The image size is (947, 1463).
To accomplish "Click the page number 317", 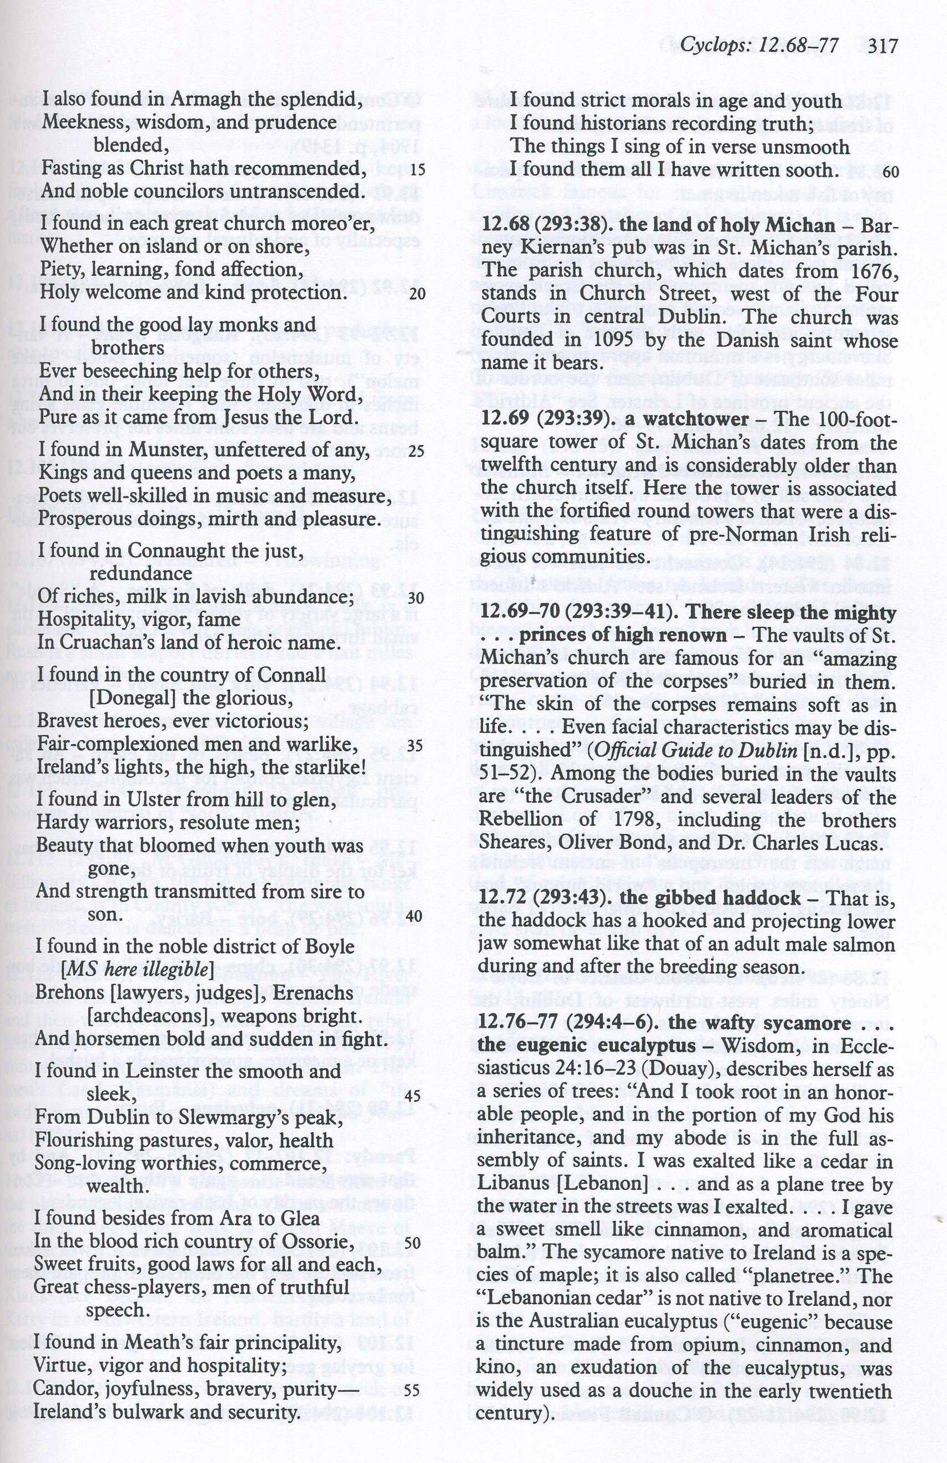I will click(x=884, y=46).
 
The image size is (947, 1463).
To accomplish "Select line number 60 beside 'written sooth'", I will click(x=890, y=172).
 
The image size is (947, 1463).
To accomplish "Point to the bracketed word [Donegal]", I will click(x=132, y=698).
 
